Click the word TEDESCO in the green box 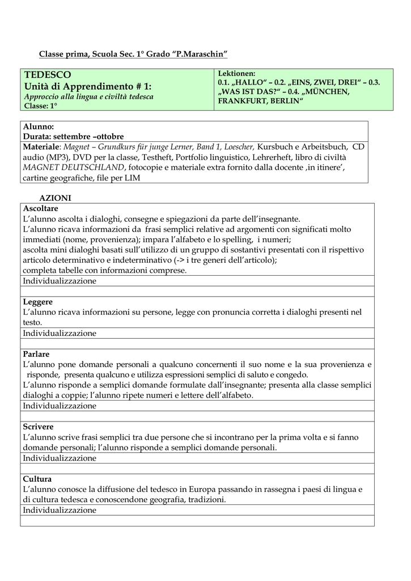(x=47, y=75)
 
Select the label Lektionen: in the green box (x=237, y=74)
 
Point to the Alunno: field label (x=39, y=127)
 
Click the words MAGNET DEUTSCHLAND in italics (x=74, y=167)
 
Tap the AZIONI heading (x=54, y=198)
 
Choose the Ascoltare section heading (x=40, y=209)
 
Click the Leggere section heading (x=38, y=302)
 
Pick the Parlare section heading (x=36, y=354)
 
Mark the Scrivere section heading (x=38, y=427)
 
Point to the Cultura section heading (x=37, y=479)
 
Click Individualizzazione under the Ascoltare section (x=60, y=281)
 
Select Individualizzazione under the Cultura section (x=60, y=510)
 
